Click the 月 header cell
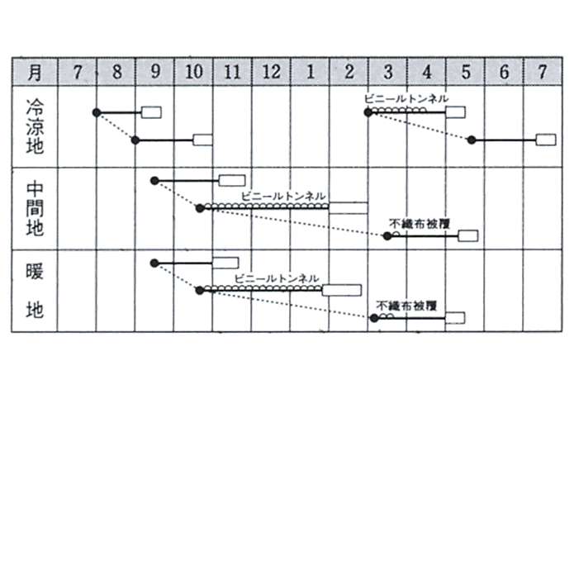click(35, 72)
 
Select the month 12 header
click(271, 72)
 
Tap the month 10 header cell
click(193, 72)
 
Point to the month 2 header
click(349, 72)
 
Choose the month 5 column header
click(465, 72)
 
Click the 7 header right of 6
click(543, 72)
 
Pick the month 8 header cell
click(116, 72)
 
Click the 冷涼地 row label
click(35, 126)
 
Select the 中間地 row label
click(35, 209)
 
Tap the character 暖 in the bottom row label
click(35, 271)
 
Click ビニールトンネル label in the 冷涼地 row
click(406, 99)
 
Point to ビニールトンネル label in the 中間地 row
click(283, 197)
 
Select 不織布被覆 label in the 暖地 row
click(406, 306)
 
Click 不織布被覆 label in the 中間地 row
click(420, 223)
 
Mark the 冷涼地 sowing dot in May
click(472, 140)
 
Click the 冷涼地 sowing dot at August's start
click(97, 112)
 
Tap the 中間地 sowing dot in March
click(387, 236)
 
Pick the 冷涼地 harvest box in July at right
click(546, 140)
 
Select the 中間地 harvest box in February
click(349, 208)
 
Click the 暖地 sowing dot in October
click(200, 290)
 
